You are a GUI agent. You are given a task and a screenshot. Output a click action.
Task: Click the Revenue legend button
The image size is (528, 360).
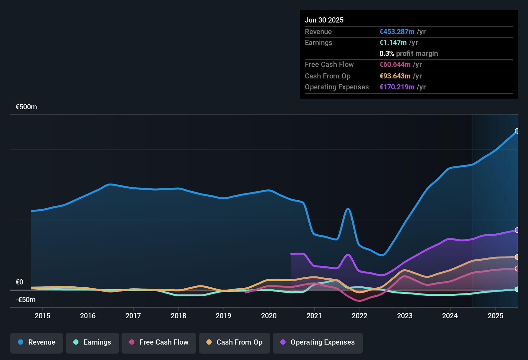[x=37, y=342]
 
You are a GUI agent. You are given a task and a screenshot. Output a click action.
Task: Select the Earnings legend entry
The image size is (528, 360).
[x=92, y=342]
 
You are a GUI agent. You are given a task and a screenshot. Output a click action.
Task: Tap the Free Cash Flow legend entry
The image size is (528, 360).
[x=159, y=342]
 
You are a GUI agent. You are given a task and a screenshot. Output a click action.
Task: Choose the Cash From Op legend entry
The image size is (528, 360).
[x=234, y=342]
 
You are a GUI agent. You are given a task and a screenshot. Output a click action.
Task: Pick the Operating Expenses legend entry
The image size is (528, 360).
[x=318, y=342]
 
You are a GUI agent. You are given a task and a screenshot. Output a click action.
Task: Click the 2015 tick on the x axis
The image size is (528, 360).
[x=42, y=316]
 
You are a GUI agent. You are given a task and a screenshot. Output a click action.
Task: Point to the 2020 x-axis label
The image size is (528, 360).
[x=269, y=316]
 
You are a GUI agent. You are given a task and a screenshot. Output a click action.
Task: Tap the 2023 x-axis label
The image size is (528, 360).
[x=405, y=316]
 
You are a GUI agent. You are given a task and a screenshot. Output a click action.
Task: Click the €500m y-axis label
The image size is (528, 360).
[x=26, y=107]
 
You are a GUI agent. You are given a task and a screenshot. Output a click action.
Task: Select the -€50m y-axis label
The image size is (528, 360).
[x=26, y=300]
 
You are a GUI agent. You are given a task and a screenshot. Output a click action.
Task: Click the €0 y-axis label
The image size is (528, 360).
[x=20, y=282]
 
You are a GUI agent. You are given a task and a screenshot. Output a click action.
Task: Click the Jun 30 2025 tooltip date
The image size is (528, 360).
[x=324, y=20]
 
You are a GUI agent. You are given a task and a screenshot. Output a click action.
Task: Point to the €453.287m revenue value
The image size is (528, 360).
[x=397, y=32]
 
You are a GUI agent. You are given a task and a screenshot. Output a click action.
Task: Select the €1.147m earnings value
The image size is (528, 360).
[x=393, y=43]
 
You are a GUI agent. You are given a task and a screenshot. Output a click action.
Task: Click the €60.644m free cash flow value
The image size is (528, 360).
[x=395, y=65]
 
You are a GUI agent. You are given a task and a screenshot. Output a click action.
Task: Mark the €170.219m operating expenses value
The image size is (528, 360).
[x=397, y=87]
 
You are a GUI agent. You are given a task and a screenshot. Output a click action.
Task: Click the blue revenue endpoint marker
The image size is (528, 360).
[x=517, y=131]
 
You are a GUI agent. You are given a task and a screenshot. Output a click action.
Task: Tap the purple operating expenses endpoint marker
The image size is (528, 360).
[x=517, y=230]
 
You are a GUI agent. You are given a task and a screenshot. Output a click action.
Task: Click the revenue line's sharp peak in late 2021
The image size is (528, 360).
[x=348, y=209]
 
